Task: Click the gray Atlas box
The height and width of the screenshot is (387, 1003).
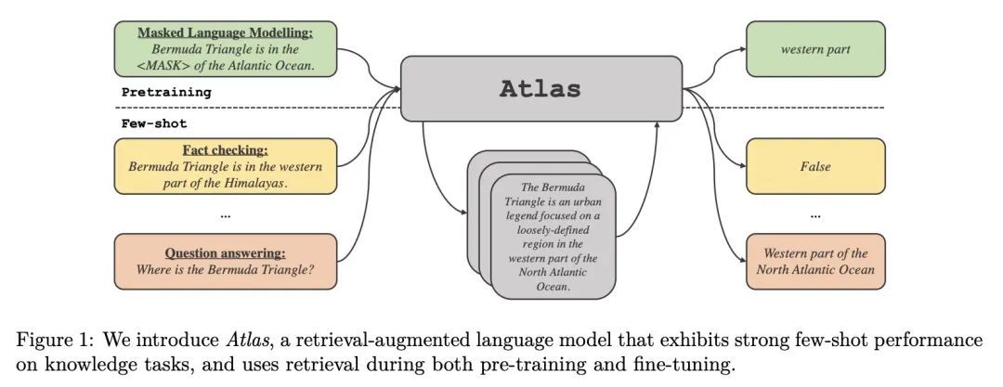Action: (541, 89)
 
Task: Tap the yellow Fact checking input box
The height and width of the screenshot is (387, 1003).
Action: (225, 167)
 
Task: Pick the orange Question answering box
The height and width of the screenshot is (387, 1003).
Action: (225, 261)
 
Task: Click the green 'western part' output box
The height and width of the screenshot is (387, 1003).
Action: (815, 48)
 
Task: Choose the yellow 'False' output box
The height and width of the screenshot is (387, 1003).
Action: (815, 167)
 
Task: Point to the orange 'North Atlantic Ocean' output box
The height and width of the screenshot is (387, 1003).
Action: (815, 261)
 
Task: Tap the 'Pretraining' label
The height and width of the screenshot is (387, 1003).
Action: (166, 92)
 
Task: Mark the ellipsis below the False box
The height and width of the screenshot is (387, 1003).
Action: (815, 214)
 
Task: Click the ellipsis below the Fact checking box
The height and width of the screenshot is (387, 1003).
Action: (225, 214)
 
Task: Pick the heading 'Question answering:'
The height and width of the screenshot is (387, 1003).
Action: (225, 252)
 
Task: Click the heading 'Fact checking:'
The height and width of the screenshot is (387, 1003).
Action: (225, 149)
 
